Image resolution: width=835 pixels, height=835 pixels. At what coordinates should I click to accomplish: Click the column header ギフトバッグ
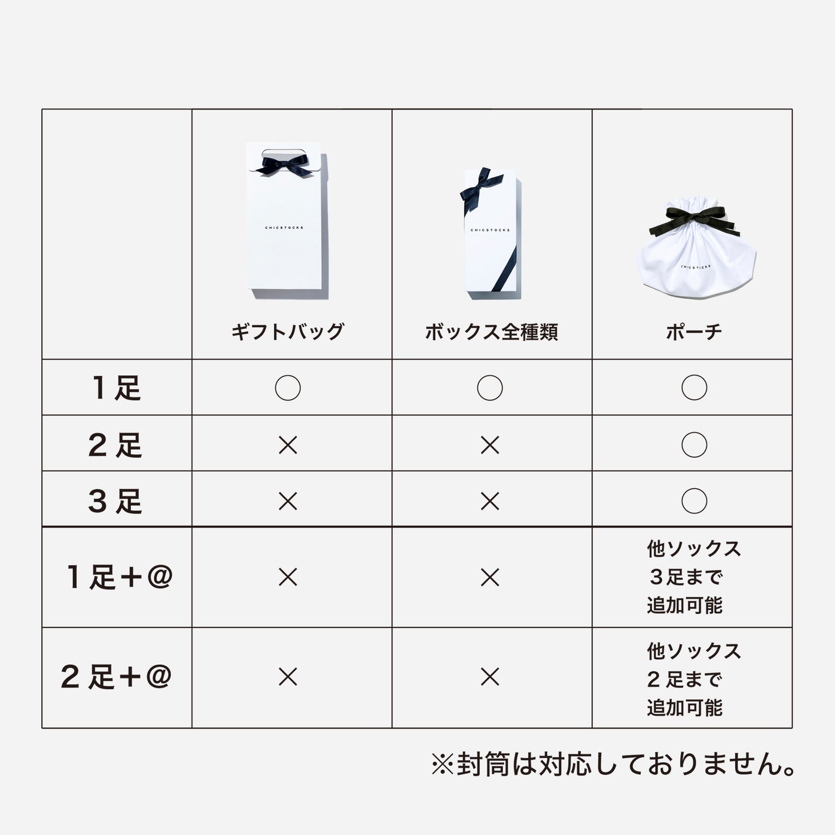pos(288,332)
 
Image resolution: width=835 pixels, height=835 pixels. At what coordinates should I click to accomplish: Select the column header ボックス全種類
pos(491,332)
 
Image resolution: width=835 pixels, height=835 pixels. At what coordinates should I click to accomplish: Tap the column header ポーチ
pos(694,332)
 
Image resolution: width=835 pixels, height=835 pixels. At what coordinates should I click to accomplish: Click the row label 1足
pos(116,388)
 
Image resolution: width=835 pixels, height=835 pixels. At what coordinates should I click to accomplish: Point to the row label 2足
pos(115,445)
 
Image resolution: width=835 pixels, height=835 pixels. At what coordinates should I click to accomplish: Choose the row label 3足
pos(115,501)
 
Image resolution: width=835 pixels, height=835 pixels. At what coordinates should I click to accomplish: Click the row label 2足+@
pos(116,677)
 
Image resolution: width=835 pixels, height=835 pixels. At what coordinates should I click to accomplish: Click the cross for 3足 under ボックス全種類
pos(490,502)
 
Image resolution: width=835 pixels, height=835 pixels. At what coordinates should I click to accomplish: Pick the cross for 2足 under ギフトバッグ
pos(288,445)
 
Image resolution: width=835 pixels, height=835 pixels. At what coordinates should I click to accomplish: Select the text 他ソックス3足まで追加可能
pos(694,577)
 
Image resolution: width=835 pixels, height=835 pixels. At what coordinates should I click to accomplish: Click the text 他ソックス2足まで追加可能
pos(694,679)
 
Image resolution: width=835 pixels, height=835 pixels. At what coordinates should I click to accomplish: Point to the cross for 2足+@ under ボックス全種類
pos(490,677)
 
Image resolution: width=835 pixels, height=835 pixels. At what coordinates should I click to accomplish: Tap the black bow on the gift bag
pos(282,165)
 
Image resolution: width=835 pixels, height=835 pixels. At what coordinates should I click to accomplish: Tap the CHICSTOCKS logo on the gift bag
pos(284,228)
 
